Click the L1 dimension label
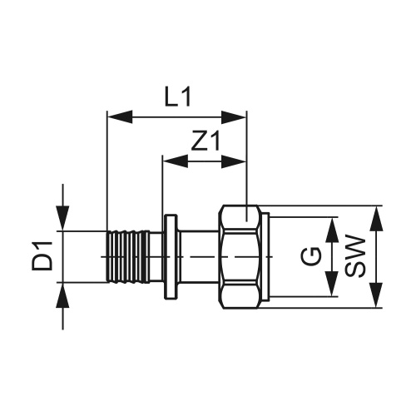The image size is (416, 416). [176, 98]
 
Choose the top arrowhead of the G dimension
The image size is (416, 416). [332, 226]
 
